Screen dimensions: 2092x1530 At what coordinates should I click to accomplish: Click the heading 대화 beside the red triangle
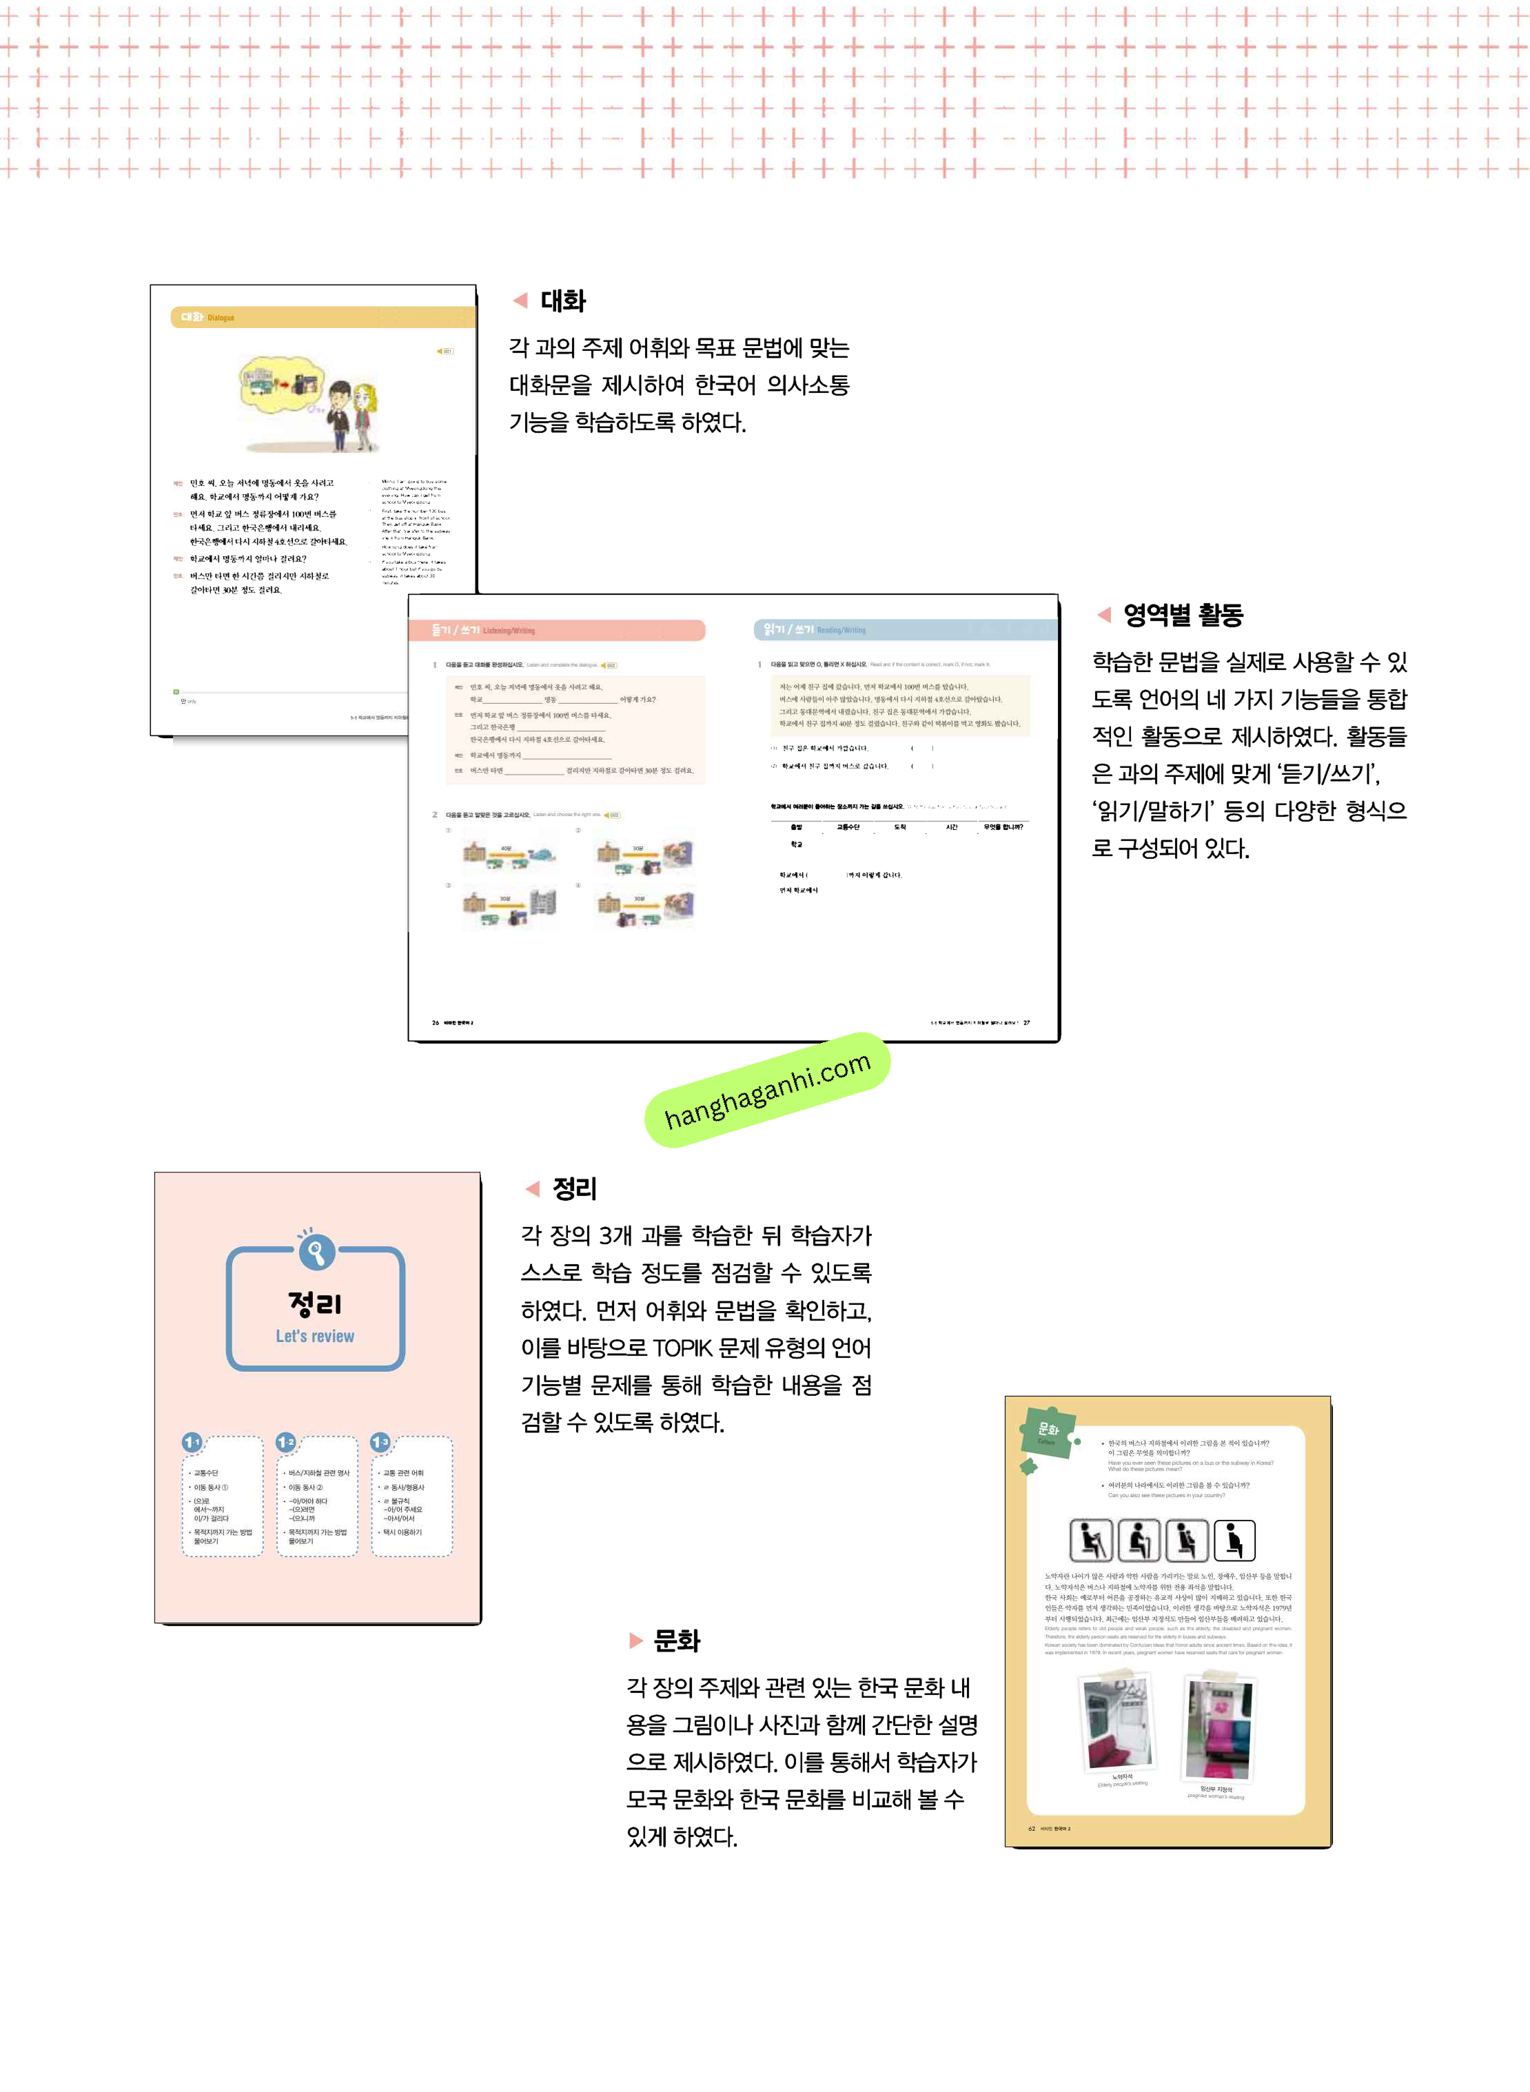click(563, 301)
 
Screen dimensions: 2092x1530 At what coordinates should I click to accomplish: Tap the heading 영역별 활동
click(1183, 615)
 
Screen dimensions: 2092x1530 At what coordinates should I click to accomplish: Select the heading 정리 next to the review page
click(574, 1188)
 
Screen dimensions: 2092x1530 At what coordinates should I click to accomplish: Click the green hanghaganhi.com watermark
click(768, 1091)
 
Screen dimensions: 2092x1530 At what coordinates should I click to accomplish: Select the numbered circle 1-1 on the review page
click(192, 1442)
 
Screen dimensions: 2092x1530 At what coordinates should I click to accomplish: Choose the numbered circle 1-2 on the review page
click(286, 1442)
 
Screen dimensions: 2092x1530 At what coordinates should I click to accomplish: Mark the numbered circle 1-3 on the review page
click(380, 1442)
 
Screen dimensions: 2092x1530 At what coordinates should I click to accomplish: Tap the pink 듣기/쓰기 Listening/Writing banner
click(555, 631)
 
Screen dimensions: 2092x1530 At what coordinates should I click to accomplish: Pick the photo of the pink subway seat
click(1218, 1731)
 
